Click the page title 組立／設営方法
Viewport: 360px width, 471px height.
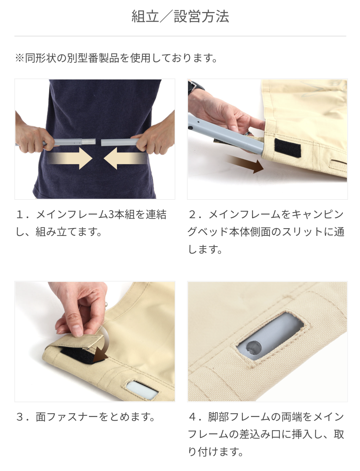180,16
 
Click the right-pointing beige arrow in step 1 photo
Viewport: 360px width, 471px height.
69,158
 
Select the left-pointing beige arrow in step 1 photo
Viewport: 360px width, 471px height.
126,158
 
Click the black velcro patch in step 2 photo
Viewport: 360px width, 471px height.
288,148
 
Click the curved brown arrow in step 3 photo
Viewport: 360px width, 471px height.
103,348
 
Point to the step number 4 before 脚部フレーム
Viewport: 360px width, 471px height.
192,417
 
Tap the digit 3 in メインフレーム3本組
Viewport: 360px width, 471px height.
111,214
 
